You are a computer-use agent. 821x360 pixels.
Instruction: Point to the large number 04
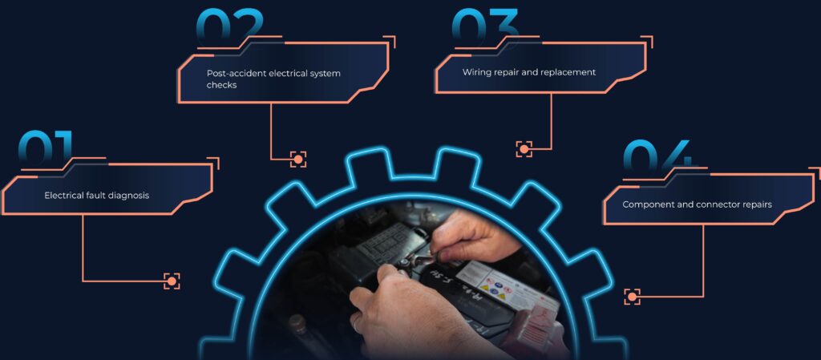tap(657, 156)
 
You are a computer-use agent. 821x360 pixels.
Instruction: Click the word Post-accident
tap(237, 73)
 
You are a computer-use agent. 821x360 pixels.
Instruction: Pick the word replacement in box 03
tap(570, 72)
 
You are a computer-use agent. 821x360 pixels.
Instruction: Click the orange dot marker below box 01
tap(172, 281)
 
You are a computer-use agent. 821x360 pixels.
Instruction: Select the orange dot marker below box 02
tap(298, 159)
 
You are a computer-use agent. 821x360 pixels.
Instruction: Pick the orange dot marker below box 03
tap(524, 149)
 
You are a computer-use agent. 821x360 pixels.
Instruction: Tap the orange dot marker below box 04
tap(632, 297)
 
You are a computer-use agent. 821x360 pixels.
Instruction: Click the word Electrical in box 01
tap(64, 196)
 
